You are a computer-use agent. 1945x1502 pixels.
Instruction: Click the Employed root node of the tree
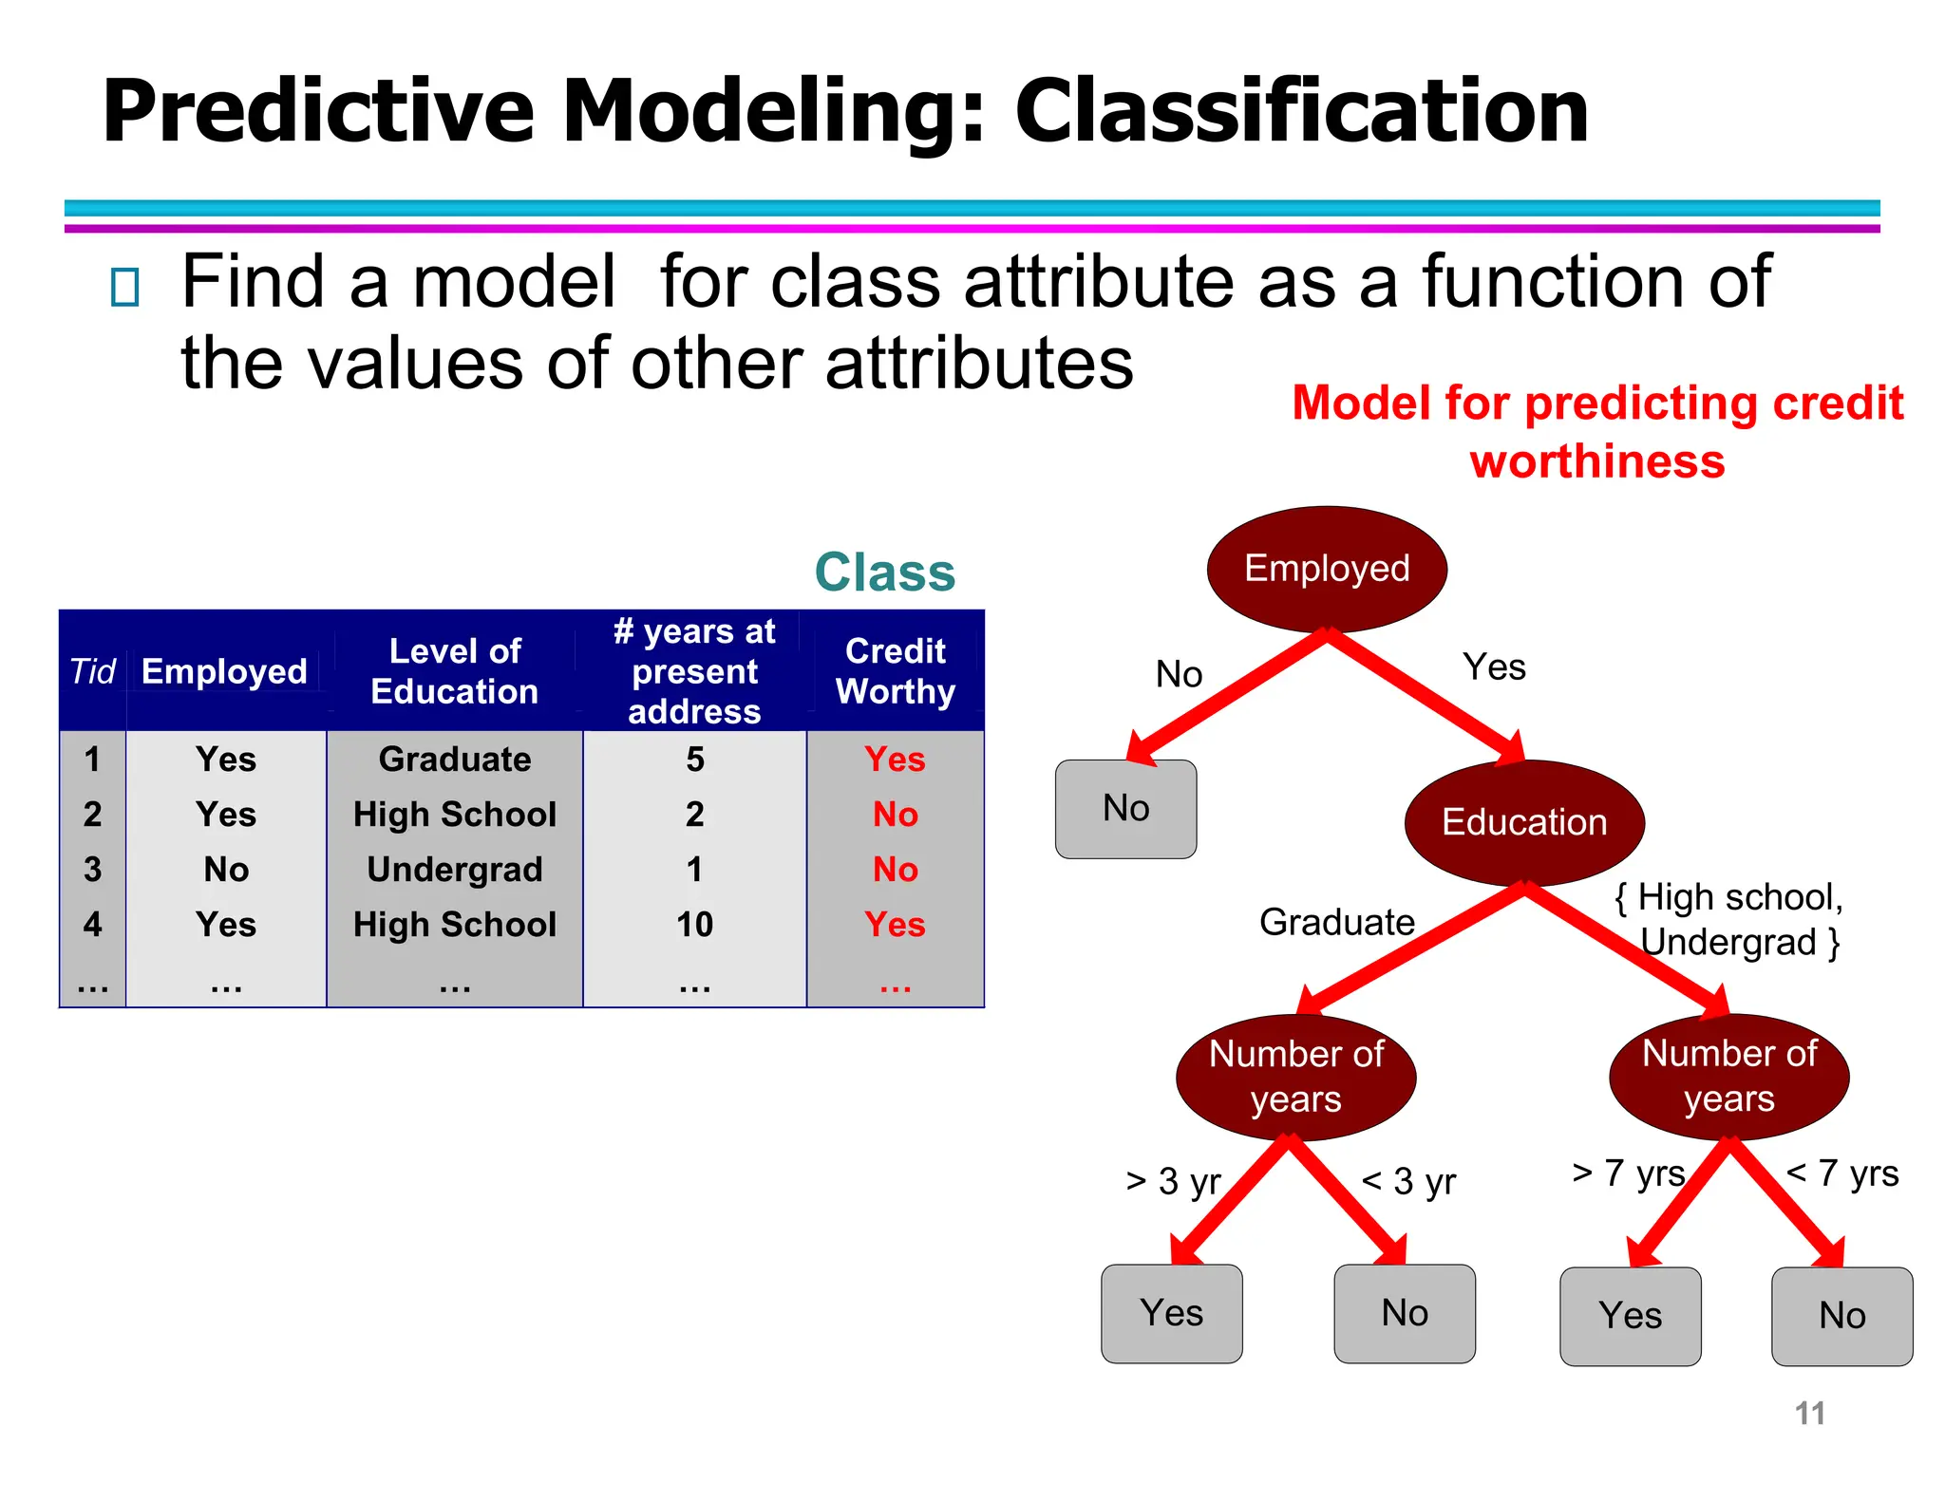click(1327, 569)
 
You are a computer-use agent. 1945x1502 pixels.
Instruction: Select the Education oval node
click(1523, 822)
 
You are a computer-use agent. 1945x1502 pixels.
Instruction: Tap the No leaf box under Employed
click(1125, 809)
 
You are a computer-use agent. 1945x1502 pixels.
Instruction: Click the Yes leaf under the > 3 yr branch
click(1171, 1313)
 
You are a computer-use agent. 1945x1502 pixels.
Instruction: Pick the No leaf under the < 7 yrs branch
click(1841, 1316)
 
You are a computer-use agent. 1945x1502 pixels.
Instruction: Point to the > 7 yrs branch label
click(1628, 1173)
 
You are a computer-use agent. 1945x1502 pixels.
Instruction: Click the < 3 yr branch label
click(1408, 1181)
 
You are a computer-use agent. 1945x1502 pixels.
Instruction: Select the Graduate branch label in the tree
click(1336, 922)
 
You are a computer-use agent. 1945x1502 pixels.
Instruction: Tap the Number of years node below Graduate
click(1295, 1077)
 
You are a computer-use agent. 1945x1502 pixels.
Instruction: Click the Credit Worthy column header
click(895, 670)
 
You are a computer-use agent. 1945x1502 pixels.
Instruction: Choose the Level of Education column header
click(454, 670)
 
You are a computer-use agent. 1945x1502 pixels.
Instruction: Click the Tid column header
click(92, 671)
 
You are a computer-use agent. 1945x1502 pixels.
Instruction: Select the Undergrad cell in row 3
click(454, 869)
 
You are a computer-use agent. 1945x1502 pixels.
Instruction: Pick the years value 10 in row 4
click(694, 924)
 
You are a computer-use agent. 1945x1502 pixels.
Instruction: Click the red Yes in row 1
click(895, 759)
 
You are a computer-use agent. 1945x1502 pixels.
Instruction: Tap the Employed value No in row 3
click(226, 869)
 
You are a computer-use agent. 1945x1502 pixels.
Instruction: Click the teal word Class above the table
click(884, 573)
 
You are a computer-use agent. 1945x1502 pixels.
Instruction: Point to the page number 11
click(1809, 1413)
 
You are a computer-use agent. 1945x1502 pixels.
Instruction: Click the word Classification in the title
click(1301, 111)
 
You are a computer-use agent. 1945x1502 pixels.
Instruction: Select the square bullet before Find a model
click(124, 287)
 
